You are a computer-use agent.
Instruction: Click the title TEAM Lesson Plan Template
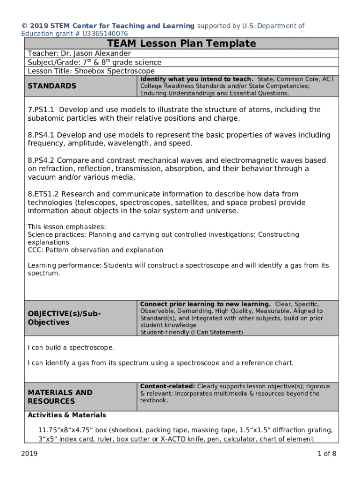(x=181, y=44)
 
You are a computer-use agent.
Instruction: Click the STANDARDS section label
(x=52, y=86)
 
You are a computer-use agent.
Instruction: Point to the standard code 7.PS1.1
(x=41, y=109)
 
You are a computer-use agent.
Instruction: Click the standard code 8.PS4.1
(x=41, y=135)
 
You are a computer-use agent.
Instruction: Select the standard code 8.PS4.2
(x=41, y=160)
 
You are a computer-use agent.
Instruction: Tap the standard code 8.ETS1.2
(x=43, y=194)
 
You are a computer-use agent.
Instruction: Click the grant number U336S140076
(x=105, y=34)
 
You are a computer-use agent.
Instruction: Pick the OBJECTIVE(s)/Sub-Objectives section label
(x=64, y=318)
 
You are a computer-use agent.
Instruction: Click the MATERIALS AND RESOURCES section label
(x=60, y=397)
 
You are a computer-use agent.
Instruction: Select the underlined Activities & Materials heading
(x=67, y=415)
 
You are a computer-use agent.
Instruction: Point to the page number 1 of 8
(x=327, y=453)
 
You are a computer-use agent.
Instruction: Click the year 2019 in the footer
(x=29, y=453)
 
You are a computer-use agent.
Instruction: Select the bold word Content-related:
(x=167, y=386)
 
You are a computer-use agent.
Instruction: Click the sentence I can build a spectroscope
(x=71, y=348)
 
